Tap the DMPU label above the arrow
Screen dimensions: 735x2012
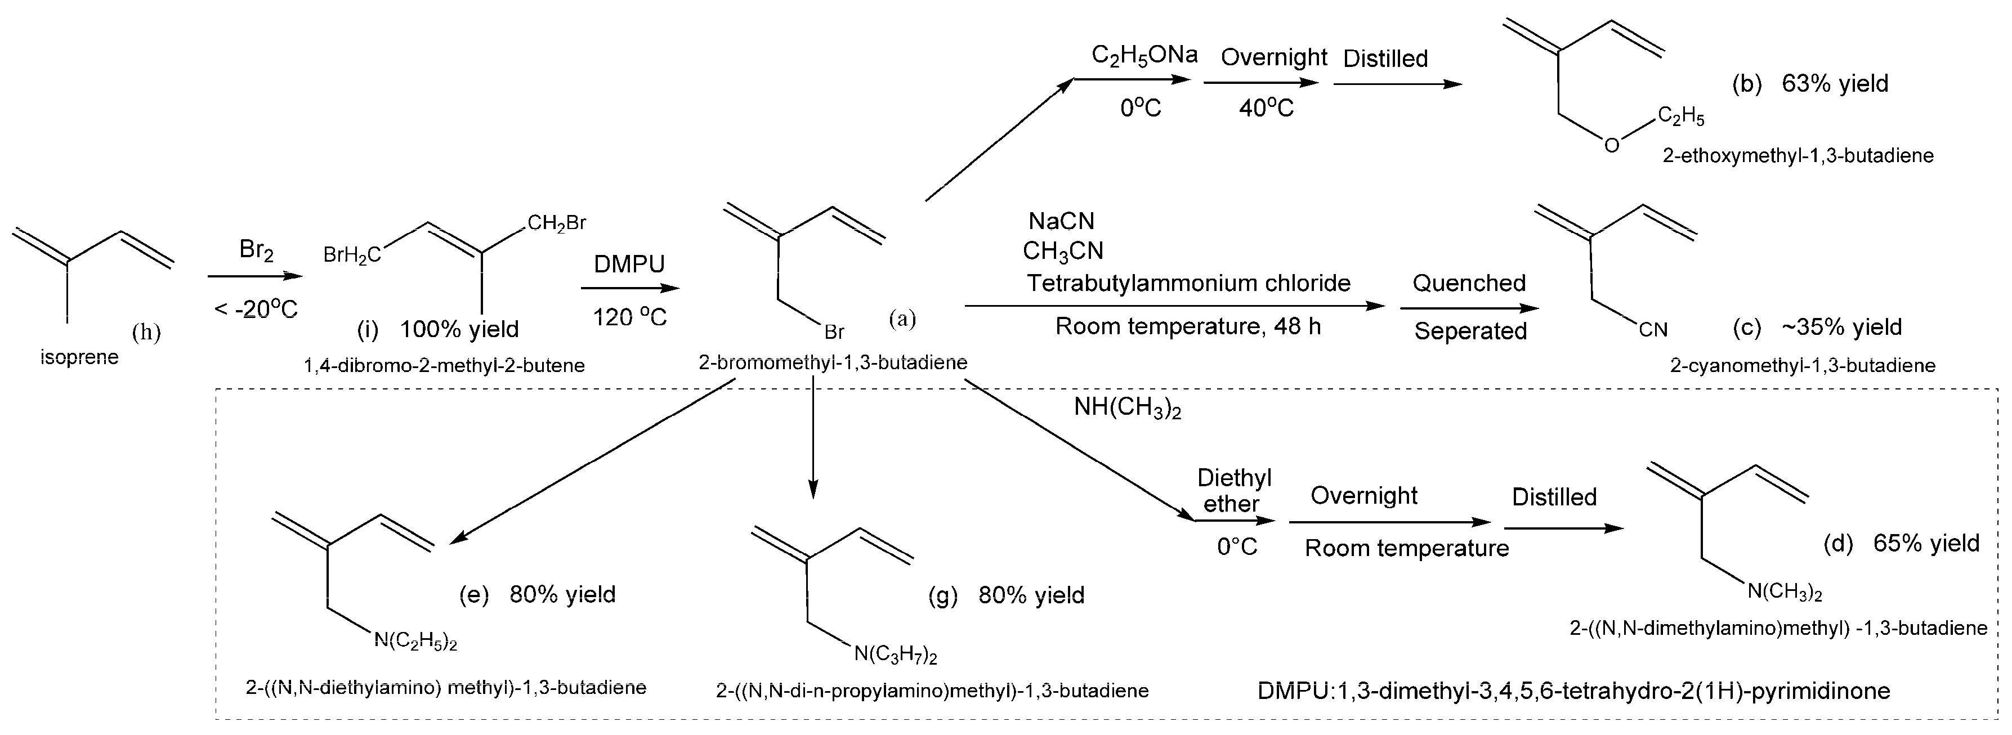coord(629,264)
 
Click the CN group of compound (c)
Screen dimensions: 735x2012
coord(1653,330)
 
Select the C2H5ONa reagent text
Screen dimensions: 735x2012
coord(1143,56)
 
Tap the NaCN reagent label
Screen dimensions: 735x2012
coord(1062,221)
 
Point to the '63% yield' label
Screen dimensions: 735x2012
coord(1835,84)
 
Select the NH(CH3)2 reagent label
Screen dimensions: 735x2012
coord(1127,407)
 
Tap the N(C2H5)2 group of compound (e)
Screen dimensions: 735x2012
coord(415,641)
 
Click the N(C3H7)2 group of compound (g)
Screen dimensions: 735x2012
coord(895,654)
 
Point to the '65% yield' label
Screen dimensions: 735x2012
coord(1926,543)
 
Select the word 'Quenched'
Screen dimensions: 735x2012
coord(1468,283)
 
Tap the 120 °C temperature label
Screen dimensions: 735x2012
coord(629,317)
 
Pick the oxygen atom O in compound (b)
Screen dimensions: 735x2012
coord(1611,145)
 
